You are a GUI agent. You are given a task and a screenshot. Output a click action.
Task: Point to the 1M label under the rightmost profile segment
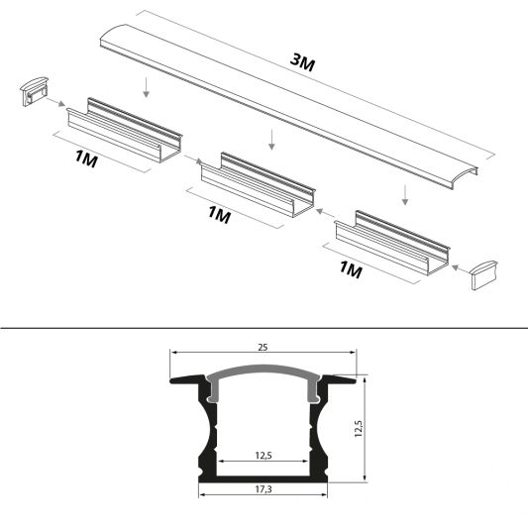pos(352,268)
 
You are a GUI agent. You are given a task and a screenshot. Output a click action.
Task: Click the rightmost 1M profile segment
pos(392,238)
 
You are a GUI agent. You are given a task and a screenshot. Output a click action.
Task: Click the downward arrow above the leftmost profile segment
pos(146,89)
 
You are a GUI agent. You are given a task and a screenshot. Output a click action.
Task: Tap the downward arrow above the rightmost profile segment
pos(405,194)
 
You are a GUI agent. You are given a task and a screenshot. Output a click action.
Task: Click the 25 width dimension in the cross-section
pos(263,348)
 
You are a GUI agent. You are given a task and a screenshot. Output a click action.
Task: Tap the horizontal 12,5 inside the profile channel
pos(263,456)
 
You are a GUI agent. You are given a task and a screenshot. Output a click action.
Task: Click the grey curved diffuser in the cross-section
pos(263,373)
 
